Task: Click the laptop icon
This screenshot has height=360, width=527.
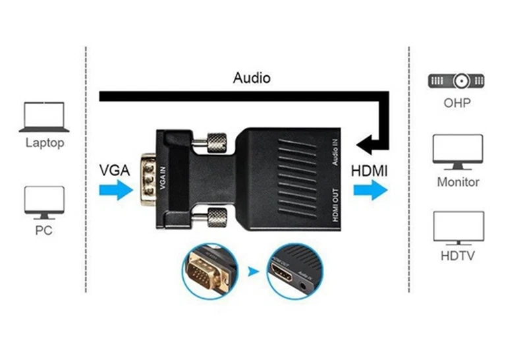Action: (44, 117)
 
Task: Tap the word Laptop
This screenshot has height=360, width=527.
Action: (45, 142)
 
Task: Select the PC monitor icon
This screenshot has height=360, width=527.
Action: (44, 202)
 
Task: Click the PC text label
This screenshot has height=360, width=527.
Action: (44, 231)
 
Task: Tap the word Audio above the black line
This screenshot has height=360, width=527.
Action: (252, 78)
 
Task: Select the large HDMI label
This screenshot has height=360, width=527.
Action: (369, 171)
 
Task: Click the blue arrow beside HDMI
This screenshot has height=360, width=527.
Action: (370, 191)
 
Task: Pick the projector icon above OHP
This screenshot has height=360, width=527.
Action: (457, 81)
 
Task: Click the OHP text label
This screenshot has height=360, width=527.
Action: (457, 104)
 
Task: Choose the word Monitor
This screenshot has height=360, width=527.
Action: (458, 181)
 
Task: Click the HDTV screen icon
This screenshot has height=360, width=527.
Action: (458, 228)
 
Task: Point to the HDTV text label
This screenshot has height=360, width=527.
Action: (458, 256)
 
